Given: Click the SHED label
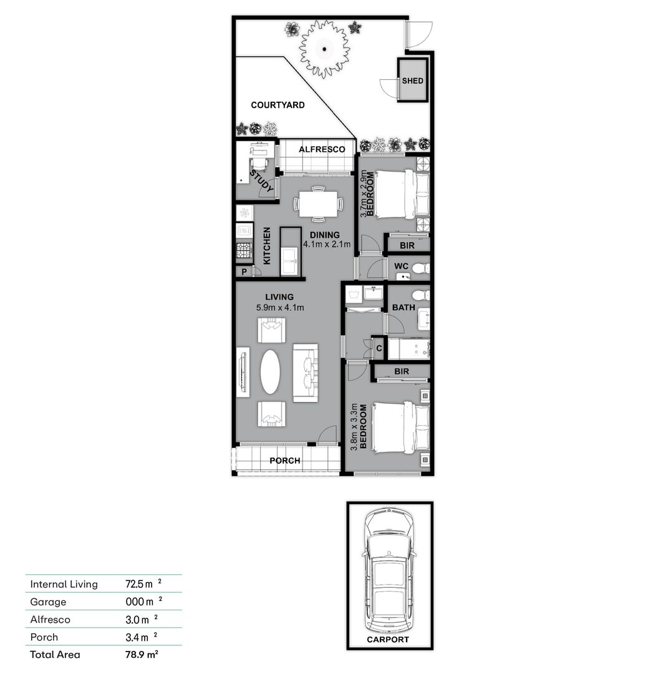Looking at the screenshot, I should [x=412, y=81].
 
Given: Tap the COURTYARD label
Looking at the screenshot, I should [x=277, y=105].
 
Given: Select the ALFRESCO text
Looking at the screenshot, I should [x=322, y=149].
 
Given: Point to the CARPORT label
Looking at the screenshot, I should [x=388, y=640].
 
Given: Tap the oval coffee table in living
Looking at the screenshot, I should [x=270, y=371].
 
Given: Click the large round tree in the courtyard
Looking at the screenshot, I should [x=324, y=48].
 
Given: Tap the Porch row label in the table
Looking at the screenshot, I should [x=44, y=637].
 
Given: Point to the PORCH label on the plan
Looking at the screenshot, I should [x=284, y=461].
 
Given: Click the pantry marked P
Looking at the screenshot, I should [x=243, y=271].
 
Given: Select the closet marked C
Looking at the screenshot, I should [x=379, y=348].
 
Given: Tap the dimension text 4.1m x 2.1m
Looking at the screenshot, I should [x=327, y=244].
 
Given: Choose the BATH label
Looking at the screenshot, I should [x=403, y=308].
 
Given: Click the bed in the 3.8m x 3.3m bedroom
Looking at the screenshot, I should [x=399, y=427].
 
